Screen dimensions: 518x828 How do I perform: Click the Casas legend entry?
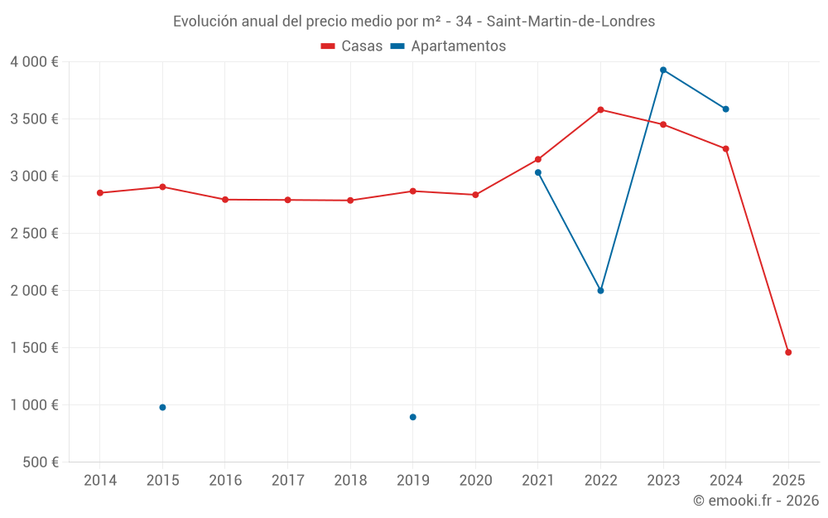[352, 46]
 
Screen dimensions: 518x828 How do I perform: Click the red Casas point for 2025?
[788, 352]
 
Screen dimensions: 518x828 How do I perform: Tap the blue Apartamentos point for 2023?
[663, 70]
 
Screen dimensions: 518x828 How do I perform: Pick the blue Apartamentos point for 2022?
[600, 290]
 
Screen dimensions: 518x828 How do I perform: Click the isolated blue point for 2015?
[162, 407]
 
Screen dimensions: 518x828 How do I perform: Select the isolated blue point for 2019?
[412, 417]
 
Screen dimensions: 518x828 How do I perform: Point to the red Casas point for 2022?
[600, 109]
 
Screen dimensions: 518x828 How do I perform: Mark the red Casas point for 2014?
[100, 192]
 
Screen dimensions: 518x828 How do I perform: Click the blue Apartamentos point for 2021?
[538, 172]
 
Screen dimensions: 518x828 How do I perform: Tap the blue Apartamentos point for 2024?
[725, 109]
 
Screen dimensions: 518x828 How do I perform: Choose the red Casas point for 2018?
[350, 200]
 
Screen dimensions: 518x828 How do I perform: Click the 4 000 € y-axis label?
[34, 62]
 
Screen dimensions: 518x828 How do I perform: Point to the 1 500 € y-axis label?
[34, 347]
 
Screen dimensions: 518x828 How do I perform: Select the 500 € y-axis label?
[40, 462]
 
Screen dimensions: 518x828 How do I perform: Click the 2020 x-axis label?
[475, 480]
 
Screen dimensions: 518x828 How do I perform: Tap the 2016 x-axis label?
[225, 480]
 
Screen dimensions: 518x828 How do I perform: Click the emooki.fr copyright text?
[756, 500]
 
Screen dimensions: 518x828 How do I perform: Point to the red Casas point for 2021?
[538, 159]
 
